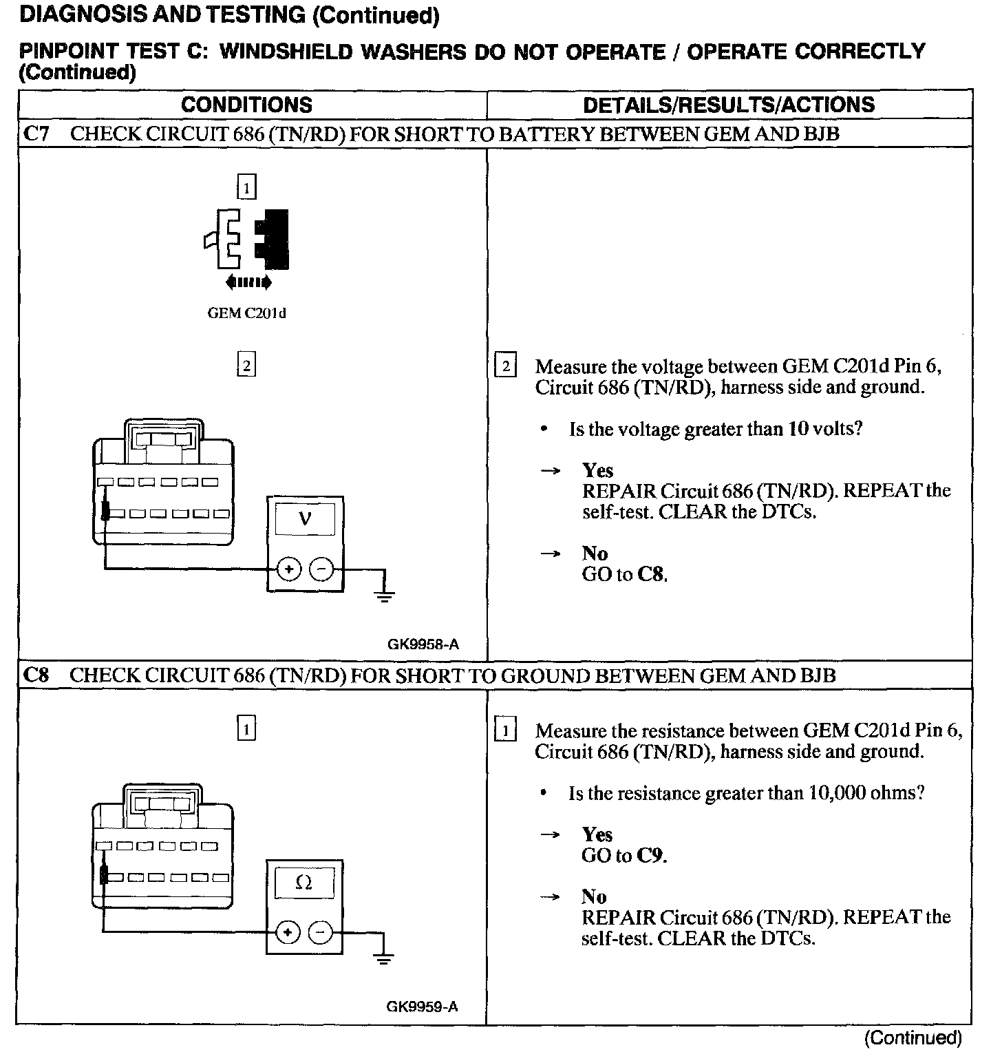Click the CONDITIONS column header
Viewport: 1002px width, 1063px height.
[x=246, y=105]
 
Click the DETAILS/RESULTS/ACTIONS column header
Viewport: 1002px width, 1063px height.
[x=728, y=105]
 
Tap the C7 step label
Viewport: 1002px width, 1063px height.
[x=36, y=134]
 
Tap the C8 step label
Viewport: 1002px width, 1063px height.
[x=36, y=675]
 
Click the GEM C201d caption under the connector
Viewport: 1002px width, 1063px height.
[x=246, y=313]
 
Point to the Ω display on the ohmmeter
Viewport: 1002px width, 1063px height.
[x=303, y=883]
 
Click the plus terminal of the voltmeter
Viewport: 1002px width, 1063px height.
[x=288, y=569]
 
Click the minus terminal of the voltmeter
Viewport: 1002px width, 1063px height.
[x=321, y=569]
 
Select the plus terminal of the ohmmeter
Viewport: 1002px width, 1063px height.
[x=287, y=933]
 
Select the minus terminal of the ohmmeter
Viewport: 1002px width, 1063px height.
[x=320, y=933]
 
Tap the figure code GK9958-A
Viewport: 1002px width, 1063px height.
[x=423, y=644]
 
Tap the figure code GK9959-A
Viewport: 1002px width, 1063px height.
[x=422, y=1007]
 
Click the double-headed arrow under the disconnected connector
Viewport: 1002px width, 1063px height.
[x=248, y=282]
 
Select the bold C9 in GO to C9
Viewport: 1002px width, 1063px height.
[x=650, y=856]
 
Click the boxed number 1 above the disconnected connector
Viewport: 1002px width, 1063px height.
[x=246, y=187]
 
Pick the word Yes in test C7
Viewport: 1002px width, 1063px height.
[x=597, y=470]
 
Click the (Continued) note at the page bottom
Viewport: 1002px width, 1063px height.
[x=913, y=1038]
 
